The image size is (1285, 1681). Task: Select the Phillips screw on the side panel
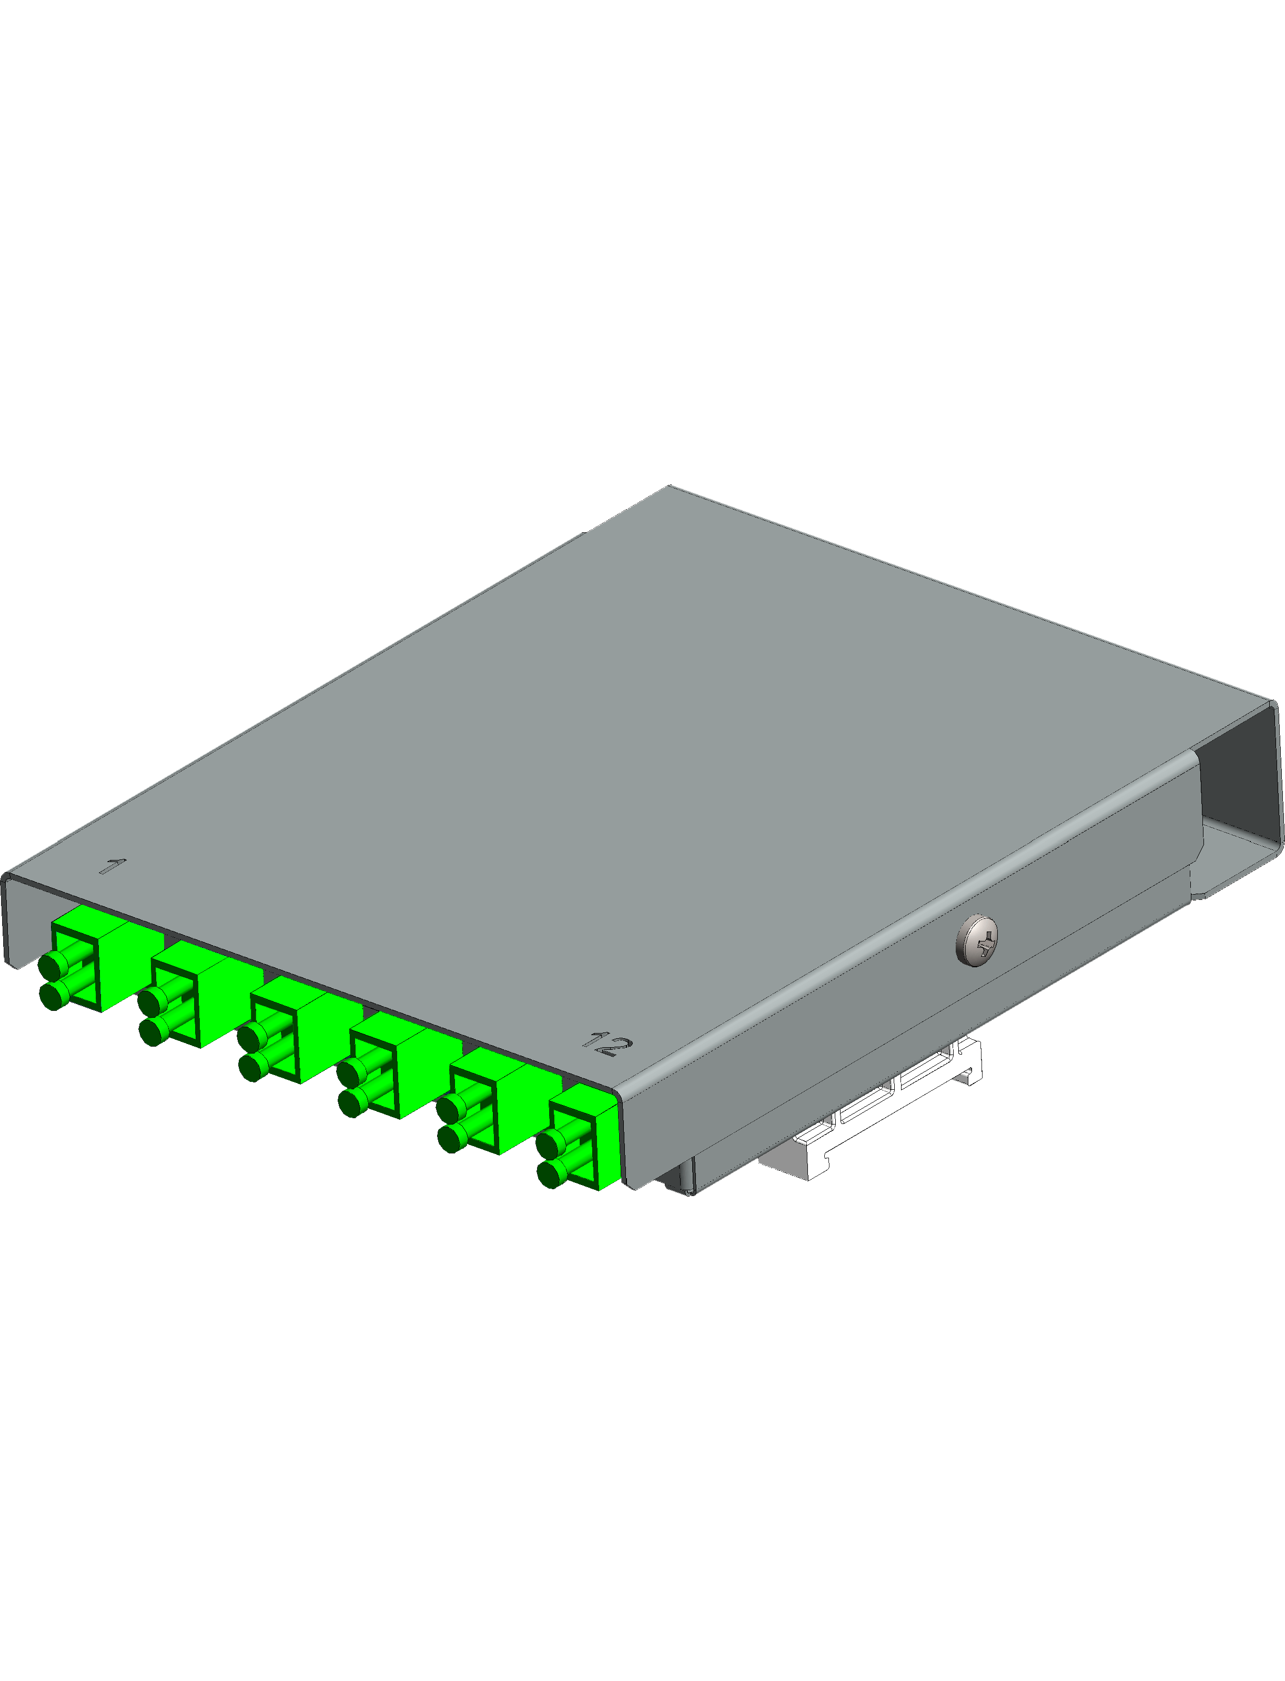(x=977, y=940)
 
